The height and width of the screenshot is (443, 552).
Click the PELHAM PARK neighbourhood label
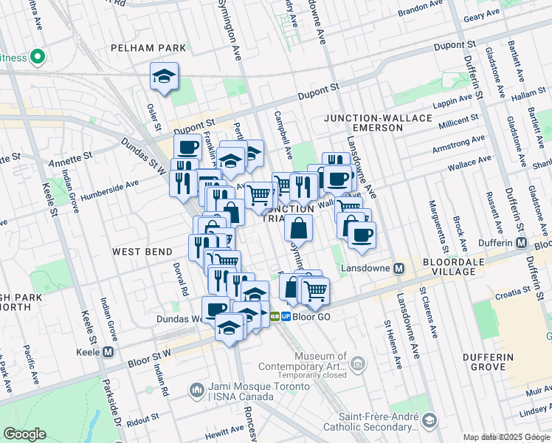(x=148, y=48)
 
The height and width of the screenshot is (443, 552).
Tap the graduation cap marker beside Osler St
(x=164, y=75)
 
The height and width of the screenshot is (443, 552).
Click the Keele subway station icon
(x=109, y=352)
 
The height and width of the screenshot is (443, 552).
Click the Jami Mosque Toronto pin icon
(x=196, y=388)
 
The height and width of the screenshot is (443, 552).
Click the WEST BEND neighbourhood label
(x=142, y=252)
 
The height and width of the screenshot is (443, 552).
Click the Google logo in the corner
(x=25, y=433)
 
